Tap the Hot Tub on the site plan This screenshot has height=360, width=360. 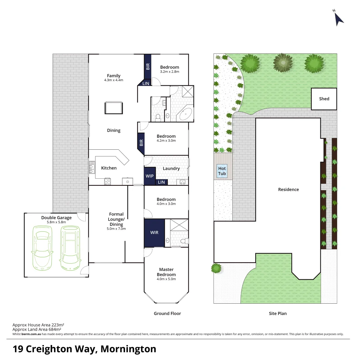[x=222, y=171]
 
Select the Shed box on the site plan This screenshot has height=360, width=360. [x=324, y=99]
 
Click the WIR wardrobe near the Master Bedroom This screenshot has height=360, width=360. [x=154, y=232]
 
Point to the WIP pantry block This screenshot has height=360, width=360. [x=150, y=176]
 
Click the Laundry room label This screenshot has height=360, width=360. [x=171, y=169]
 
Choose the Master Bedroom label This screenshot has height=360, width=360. [x=166, y=272]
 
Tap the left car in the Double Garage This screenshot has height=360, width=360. [x=41, y=248]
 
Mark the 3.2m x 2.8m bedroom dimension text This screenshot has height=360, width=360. [x=170, y=72]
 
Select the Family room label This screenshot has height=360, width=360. [x=114, y=76]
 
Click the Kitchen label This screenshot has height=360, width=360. [x=109, y=168]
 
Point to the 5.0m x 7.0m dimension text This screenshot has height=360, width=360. [x=116, y=229]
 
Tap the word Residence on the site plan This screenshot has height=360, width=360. [x=289, y=189]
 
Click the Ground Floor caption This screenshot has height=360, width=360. [x=167, y=313]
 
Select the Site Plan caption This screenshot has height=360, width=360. [x=278, y=313]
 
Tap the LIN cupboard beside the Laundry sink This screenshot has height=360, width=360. [x=162, y=182]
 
